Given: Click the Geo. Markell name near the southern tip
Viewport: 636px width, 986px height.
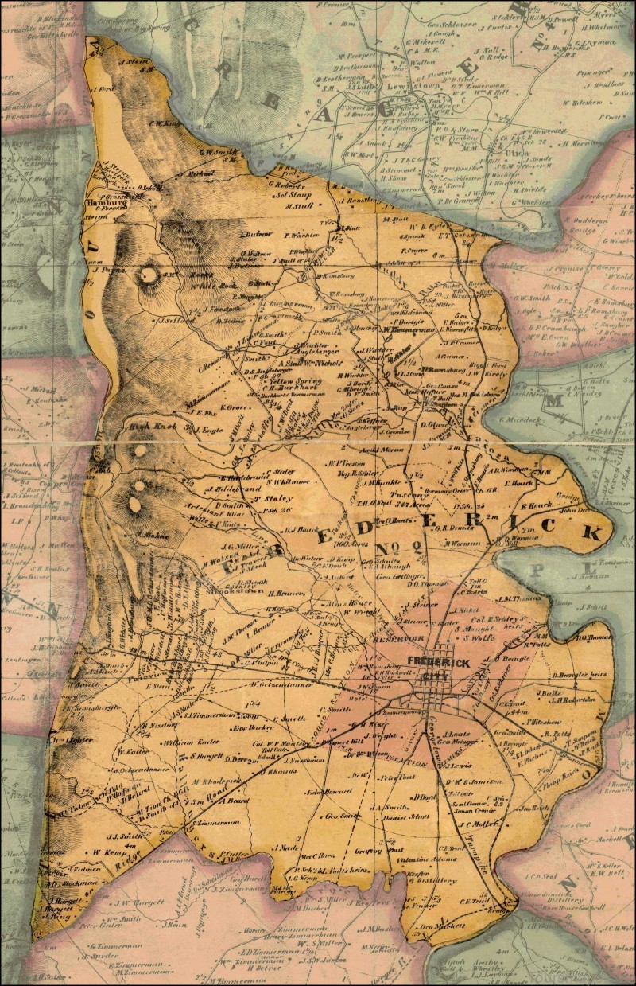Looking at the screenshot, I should [440, 926].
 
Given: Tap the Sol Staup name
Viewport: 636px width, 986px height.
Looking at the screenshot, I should [291, 193].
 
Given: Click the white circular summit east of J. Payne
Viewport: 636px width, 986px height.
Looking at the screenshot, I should [148, 276].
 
